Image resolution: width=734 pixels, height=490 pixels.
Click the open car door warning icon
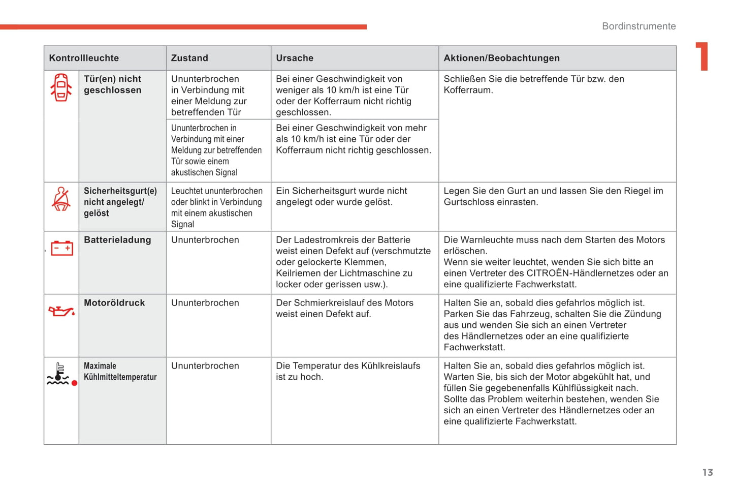(x=61, y=87)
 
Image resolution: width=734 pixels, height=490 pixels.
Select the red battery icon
(x=62, y=248)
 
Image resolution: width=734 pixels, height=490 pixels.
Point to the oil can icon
(x=61, y=311)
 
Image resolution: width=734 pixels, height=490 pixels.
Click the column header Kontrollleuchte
(x=84, y=58)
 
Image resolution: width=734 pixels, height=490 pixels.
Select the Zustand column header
(x=189, y=58)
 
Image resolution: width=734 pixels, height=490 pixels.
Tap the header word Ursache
(x=295, y=58)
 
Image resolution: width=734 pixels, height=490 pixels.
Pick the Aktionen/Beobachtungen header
(x=501, y=58)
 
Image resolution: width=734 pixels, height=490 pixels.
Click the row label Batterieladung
(x=117, y=240)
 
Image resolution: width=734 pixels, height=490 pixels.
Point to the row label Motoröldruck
(x=114, y=303)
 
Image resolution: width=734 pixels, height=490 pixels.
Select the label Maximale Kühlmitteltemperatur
(x=120, y=372)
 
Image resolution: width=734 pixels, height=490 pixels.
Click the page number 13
(x=708, y=473)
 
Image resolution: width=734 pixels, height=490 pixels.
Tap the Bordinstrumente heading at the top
(x=639, y=26)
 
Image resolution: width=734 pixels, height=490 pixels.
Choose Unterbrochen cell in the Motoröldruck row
(x=205, y=303)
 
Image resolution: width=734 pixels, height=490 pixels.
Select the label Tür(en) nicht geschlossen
(x=112, y=84)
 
